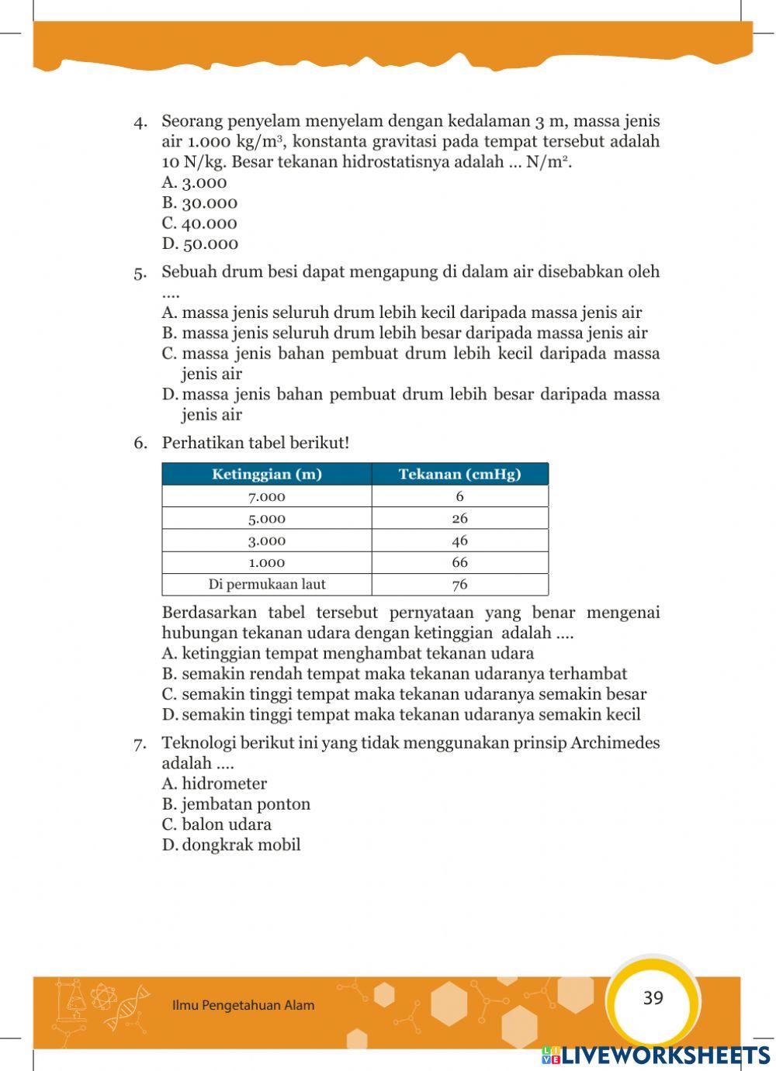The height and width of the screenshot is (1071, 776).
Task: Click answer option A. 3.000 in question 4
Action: click(x=194, y=183)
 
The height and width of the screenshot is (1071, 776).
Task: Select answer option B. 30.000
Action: click(x=199, y=203)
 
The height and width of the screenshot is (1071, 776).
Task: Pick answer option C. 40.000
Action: click(x=199, y=223)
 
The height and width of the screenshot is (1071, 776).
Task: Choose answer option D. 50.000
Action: click(x=199, y=244)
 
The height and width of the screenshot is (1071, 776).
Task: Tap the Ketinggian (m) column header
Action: click(x=266, y=474)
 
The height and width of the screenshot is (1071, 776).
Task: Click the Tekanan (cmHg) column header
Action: click(x=459, y=474)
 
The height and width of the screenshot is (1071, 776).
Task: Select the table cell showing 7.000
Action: click(x=266, y=496)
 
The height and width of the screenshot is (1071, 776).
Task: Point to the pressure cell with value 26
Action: click(x=459, y=518)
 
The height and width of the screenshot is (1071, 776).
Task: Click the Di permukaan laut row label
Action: click(x=266, y=584)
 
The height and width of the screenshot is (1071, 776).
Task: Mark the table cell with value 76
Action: click(x=459, y=585)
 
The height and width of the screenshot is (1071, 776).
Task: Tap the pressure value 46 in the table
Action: click(x=459, y=541)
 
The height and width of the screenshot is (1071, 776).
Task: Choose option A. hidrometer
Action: click(x=214, y=784)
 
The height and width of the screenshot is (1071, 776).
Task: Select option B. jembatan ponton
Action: click(x=236, y=804)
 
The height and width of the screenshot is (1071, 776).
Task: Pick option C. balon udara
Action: click(x=217, y=824)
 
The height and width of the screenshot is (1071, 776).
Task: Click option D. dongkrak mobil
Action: click(x=230, y=845)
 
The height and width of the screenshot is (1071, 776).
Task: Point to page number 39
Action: click(x=653, y=998)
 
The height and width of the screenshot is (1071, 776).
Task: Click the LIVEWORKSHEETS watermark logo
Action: click(x=656, y=1055)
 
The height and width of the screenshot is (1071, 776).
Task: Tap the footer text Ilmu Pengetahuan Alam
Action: click(x=243, y=1006)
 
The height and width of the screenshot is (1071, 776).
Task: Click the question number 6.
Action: click(x=140, y=443)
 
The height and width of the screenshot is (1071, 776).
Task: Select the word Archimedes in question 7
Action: click(x=615, y=743)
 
